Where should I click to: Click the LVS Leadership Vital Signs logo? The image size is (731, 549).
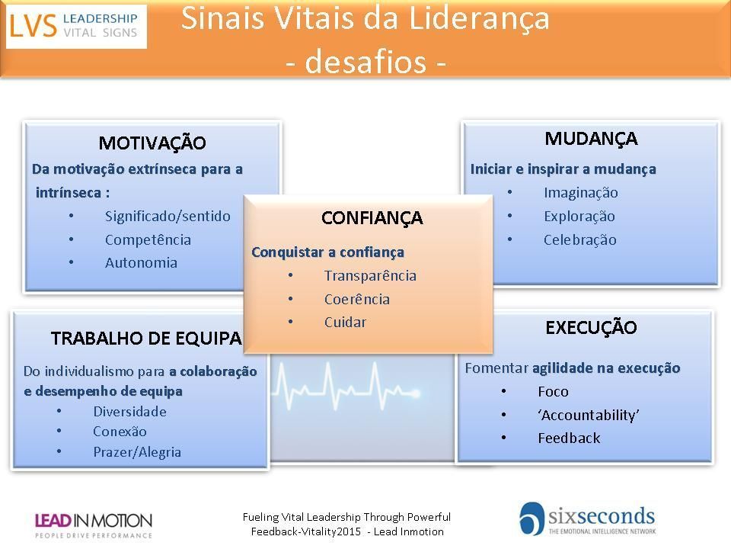(x=76, y=26)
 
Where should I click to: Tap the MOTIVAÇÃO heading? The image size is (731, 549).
(x=152, y=143)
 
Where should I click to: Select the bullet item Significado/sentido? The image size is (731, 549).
(x=168, y=216)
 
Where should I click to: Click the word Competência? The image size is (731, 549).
(x=148, y=239)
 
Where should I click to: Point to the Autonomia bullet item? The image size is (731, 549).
(x=141, y=263)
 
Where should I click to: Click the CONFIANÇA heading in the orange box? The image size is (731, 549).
(x=372, y=219)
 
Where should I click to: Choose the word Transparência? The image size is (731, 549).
(x=370, y=275)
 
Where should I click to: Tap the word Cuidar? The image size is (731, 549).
(x=345, y=322)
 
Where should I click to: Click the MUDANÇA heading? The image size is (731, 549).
(x=591, y=139)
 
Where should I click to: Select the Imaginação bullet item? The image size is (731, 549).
(x=580, y=193)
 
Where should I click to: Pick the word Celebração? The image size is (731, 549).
(x=580, y=239)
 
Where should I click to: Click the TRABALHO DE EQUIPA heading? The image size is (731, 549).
(x=146, y=339)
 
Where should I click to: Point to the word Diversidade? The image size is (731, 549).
(x=129, y=411)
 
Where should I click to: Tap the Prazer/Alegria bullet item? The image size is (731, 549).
(x=137, y=452)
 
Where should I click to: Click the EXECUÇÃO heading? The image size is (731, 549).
(x=591, y=327)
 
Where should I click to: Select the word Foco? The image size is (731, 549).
(x=553, y=391)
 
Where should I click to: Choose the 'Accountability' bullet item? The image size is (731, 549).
(x=589, y=415)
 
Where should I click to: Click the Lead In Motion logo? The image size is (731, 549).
(x=93, y=525)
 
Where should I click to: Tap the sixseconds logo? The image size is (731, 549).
(x=587, y=519)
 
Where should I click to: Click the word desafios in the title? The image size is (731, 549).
(x=365, y=62)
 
